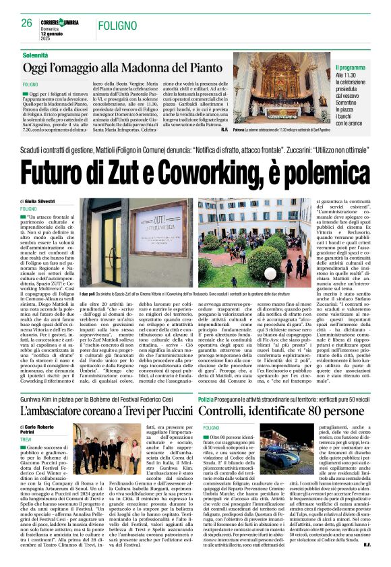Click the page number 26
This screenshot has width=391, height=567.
(x=27, y=22)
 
